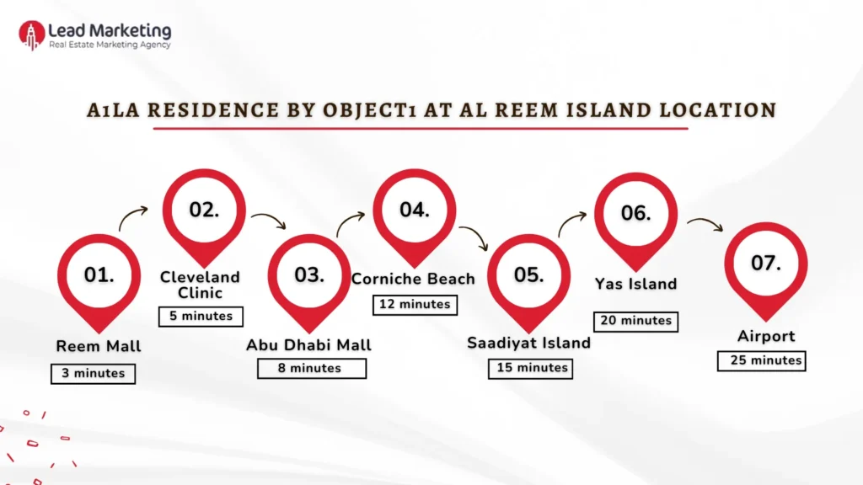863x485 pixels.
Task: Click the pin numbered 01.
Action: tap(99, 275)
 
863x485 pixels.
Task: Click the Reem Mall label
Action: tap(99, 346)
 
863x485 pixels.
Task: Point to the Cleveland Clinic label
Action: tap(200, 285)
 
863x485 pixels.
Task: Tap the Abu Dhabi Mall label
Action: tap(308, 345)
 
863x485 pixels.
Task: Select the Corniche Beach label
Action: tap(413, 279)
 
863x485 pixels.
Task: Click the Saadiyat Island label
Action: tap(529, 343)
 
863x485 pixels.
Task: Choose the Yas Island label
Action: tap(636, 285)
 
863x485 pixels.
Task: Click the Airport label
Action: tap(765, 336)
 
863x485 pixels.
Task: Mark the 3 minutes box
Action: tap(93, 373)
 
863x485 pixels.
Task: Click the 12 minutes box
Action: tap(414, 304)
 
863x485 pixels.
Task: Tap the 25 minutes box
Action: tap(761, 360)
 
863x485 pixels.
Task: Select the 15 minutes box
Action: tap(530, 368)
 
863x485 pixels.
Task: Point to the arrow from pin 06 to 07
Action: tap(705, 224)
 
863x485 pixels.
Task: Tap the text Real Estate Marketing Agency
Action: tap(110, 45)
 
